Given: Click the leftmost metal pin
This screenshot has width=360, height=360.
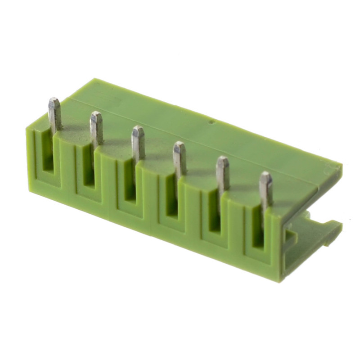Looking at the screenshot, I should coord(55,115).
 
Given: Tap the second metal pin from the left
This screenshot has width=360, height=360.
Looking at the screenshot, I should coord(96,128).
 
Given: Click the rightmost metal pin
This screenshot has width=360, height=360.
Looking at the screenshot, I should coord(265,189).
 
